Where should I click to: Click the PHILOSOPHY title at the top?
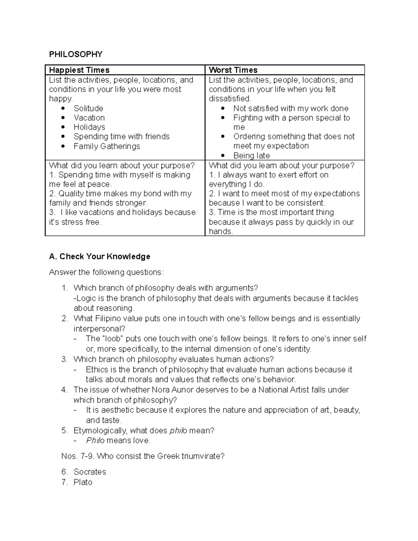(76, 54)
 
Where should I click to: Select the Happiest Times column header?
(79, 70)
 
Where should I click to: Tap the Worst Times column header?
(233, 70)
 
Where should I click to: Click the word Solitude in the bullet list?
(88, 108)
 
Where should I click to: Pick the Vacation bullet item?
(89, 118)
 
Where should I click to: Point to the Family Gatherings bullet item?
(107, 146)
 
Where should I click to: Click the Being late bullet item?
(251, 155)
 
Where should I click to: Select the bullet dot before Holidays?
(63, 127)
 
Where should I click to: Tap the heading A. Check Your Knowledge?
(100, 256)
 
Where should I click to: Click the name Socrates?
(90, 472)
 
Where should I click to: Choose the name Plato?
(83, 482)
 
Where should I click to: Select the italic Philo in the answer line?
(95, 440)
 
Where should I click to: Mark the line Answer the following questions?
(106, 272)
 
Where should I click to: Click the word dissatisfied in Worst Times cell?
(230, 99)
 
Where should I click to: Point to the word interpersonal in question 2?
(99, 329)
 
